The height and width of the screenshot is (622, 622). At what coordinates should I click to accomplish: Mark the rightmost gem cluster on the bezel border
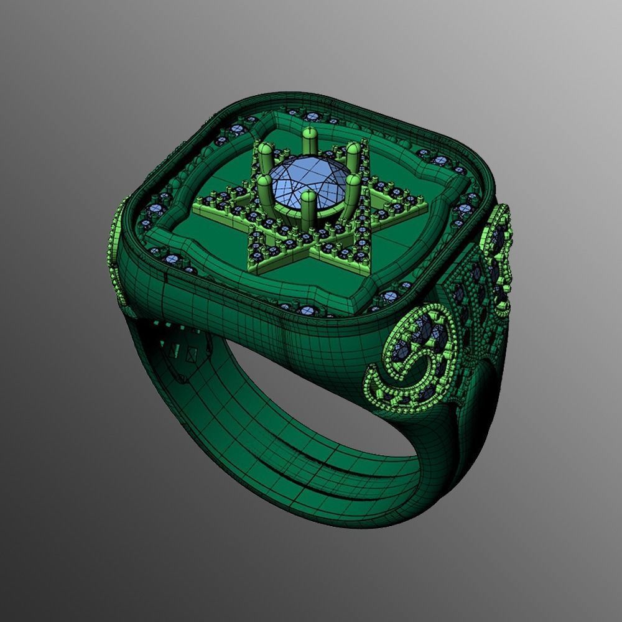point(466,208)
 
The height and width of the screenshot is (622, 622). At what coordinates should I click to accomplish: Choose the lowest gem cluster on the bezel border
point(305,309)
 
